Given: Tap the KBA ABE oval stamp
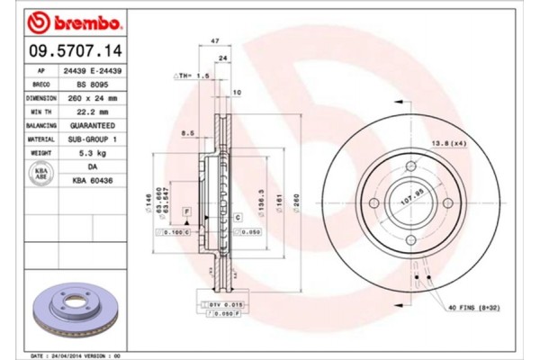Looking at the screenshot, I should pos(41,174).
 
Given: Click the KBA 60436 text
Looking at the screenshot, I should pos(92,181).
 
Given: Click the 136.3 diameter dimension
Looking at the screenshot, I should pos(260,199).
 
